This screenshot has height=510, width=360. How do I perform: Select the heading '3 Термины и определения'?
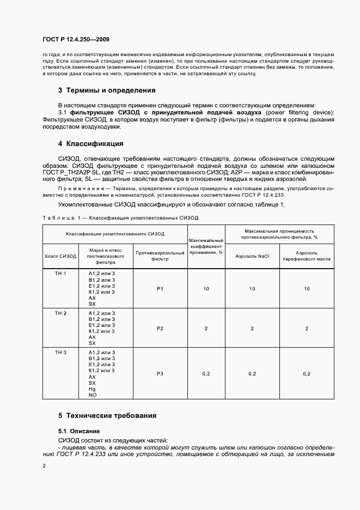pos(107,90)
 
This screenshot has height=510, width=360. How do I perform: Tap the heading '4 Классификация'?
pos(91,144)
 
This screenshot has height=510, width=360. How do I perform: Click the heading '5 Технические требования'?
pos(107,415)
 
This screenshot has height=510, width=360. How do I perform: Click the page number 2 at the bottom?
pos(44,466)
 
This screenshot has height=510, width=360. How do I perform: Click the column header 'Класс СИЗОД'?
pos(60,256)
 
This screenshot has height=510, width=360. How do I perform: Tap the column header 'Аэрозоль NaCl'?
pos(252,256)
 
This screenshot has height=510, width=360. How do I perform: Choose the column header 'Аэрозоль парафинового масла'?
pos(307,256)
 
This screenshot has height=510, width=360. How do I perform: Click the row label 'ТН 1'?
pos(60,273)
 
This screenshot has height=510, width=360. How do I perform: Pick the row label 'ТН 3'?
pos(60,353)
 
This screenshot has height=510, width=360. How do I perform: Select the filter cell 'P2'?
pos(160,329)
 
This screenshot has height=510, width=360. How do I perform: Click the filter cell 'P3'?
pos(160,373)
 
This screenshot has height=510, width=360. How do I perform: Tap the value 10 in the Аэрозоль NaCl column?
pos(252,289)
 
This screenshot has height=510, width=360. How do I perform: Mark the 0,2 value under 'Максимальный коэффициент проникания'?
pos(206,373)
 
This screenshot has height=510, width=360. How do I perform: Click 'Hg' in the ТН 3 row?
pos(91,389)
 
